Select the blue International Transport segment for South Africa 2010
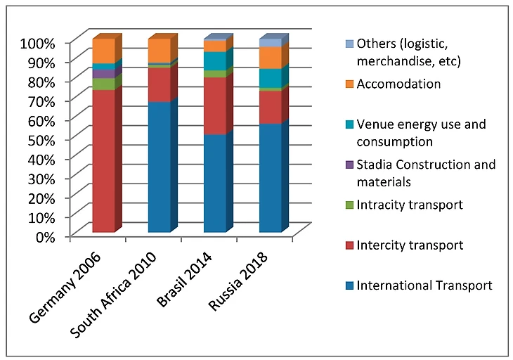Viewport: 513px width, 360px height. tap(159, 167)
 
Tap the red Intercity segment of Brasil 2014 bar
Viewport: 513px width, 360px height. tap(214, 105)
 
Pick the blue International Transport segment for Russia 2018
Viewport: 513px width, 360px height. tap(270, 178)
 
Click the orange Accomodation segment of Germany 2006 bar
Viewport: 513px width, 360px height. tap(103, 51)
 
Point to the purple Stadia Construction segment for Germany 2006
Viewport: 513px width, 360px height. tap(103, 74)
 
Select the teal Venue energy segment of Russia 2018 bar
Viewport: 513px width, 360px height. tap(270, 78)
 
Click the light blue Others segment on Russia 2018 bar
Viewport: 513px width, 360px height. tap(270, 43)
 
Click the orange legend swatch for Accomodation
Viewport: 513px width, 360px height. tap(348, 84)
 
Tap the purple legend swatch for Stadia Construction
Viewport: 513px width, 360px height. tap(348, 165)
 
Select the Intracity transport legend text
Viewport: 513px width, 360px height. tap(410, 205)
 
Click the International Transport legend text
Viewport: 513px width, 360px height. tap(424, 285)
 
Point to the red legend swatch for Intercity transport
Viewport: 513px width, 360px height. tap(348, 245)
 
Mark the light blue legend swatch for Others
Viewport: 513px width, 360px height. tap(348, 44)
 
